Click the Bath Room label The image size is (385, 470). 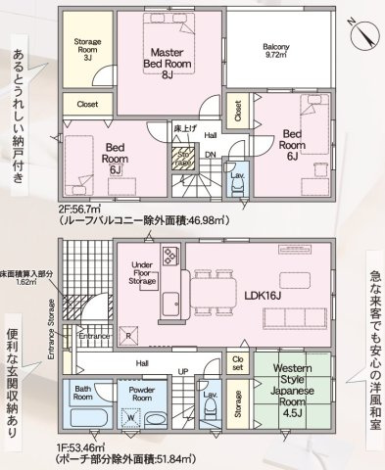click(x=84, y=396)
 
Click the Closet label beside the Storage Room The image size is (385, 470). click(x=86, y=102)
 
